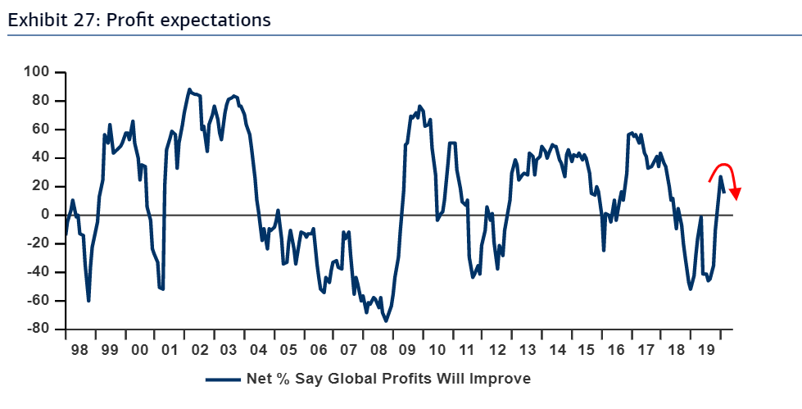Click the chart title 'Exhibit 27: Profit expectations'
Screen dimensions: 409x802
click(x=138, y=20)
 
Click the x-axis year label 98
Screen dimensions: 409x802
click(x=79, y=349)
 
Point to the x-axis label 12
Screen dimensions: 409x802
click(x=496, y=349)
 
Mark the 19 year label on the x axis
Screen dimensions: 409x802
click(x=705, y=349)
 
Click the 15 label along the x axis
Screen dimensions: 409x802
click(x=586, y=349)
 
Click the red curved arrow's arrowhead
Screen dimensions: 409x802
click(x=736, y=195)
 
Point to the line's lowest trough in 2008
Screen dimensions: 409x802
click(x=386, y=320)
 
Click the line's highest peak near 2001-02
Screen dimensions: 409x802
click(x=189, y=89)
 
